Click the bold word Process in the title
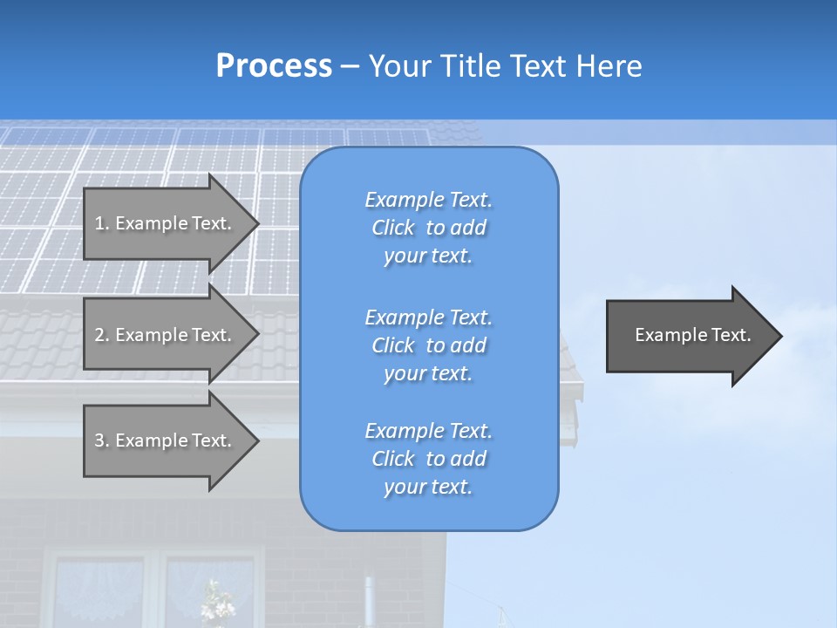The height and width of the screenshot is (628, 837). pos(274,66)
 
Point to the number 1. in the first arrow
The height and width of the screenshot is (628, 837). pos(102,223)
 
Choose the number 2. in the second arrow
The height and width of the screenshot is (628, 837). pos(102,335)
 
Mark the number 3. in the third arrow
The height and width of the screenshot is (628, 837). pos(102,440)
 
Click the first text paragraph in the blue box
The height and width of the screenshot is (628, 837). pos(428,228)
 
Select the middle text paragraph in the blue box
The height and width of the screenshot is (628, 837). pos(428,345)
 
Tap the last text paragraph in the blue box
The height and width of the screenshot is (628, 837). pos(428,459)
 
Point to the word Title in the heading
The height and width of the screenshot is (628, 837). pos(470,66)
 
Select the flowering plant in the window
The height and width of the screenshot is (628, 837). pos(213,602)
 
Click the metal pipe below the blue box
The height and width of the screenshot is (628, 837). pos(369,602)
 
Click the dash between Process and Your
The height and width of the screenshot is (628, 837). pos(350,66)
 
